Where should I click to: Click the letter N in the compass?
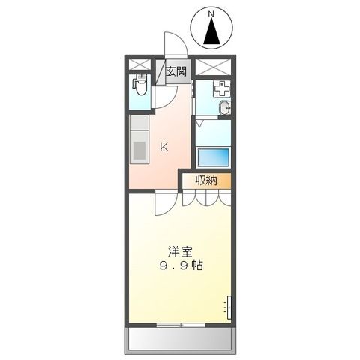click(x=211, y=13)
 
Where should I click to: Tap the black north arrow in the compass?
click(x=212, y=32)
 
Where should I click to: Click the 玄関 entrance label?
click(x=176, y=73)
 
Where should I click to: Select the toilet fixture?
click(x=139, y=88)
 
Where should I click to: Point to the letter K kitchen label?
click(x=163, y=148)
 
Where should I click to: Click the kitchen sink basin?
click(x=139, y=149)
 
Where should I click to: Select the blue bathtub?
click(x=213, y=158)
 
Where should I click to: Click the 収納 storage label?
click(x=206, y=181)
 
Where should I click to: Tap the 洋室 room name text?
click(x=177, y=251)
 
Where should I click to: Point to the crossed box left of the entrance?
click(x=139, y=64)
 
